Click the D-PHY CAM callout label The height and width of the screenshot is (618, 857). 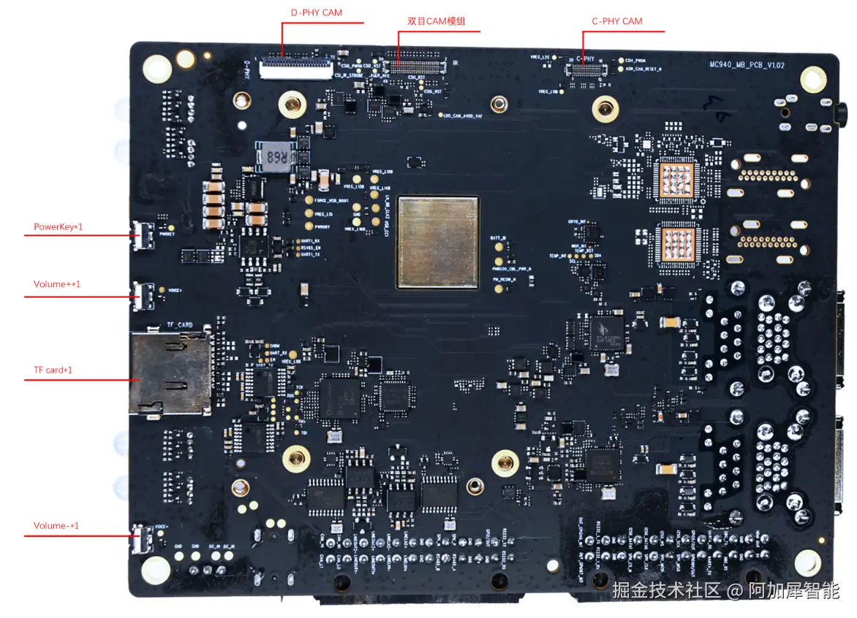click(317, 12)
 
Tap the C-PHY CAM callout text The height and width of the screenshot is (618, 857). click(617, 21)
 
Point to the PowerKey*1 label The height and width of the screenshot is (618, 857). click(58, 226)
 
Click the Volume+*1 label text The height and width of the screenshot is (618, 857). click(57, 283)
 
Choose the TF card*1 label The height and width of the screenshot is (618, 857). click(53, 370)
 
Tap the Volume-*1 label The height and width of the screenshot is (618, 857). click(56, 526)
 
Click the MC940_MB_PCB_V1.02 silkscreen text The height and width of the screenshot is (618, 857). click(747, 65)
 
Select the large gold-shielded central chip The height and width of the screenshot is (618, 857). click(438, 240)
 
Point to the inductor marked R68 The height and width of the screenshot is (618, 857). click(276, 157)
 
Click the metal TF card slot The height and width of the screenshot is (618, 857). click(170, 373)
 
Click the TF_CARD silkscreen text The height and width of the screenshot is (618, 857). click(180, 325)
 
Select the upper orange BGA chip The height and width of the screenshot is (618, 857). click(676, 180)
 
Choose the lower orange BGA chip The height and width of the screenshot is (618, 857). click(676, 243)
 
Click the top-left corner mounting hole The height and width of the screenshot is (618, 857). click(157, 69)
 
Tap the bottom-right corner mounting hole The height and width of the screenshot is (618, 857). click(808, 561)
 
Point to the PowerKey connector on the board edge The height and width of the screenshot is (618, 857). click(143, 236)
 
